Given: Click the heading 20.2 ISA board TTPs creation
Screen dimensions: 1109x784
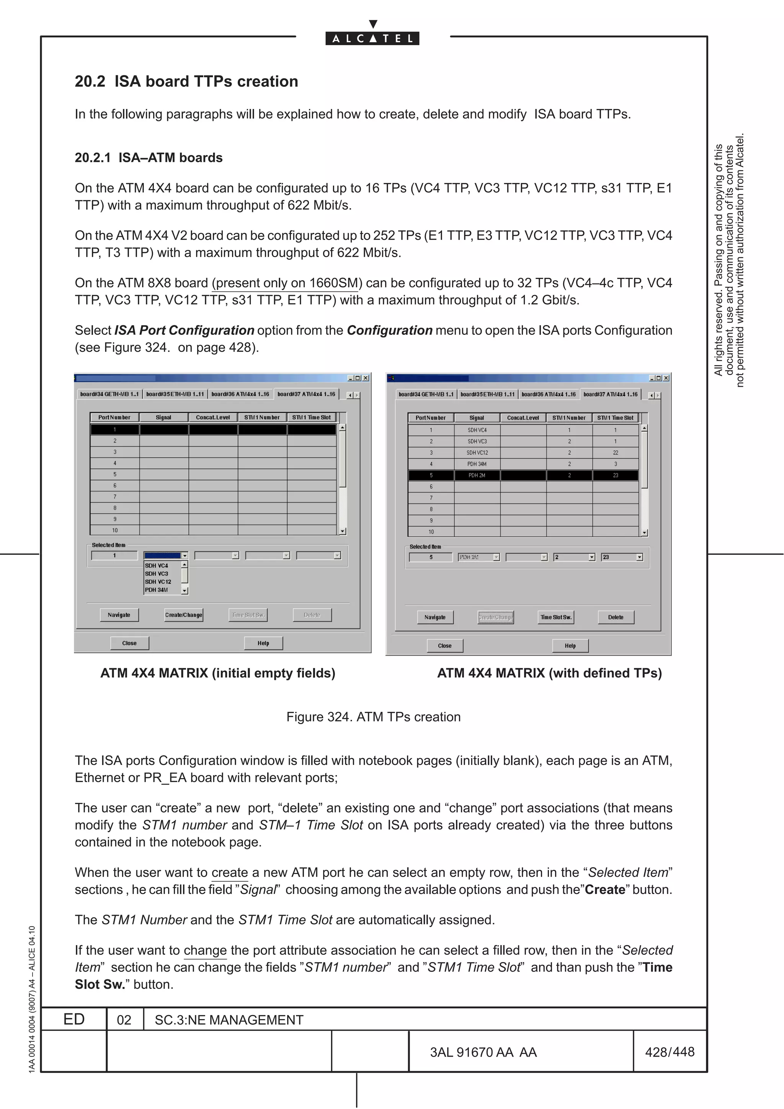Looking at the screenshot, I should point(186,81).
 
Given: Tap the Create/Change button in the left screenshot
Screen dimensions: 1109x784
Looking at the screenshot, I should point(184,615).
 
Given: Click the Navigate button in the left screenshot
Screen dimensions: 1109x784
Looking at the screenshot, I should point(119,615).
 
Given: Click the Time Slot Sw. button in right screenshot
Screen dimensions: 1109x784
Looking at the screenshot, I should point(555,617).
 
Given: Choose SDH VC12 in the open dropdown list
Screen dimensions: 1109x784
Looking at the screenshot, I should point(158,582).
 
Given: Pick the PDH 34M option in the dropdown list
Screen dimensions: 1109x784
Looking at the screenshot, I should point(157,590).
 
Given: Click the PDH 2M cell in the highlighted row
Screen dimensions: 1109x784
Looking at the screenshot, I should point(477,475).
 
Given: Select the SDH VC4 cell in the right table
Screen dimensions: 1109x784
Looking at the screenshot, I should point(477,430).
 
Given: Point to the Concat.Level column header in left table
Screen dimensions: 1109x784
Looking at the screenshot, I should point(212,418).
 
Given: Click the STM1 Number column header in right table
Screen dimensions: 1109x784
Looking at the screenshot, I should point(568,418).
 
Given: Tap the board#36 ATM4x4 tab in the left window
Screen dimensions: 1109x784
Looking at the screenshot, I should point(240,394).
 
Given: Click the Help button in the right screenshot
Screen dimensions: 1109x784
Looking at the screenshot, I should point(570,646).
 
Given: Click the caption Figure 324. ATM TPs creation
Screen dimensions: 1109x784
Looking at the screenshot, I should point(373,717).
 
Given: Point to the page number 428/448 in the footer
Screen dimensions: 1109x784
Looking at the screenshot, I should point(670,1052).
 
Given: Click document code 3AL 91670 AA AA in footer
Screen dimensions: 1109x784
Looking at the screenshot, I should point(483,1052).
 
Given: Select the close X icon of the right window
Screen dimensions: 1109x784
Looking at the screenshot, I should point(666,378).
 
